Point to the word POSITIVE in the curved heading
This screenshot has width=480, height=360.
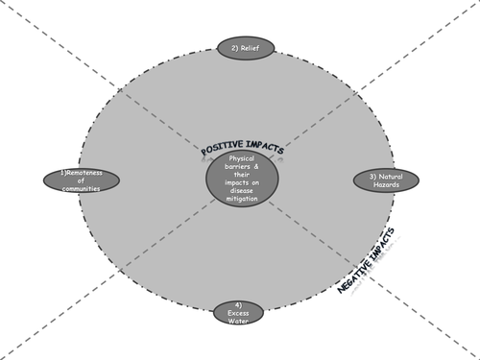pos(220,150)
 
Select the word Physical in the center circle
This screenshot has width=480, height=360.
pos(242,157)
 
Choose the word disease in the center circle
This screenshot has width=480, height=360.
pos(242,192)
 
